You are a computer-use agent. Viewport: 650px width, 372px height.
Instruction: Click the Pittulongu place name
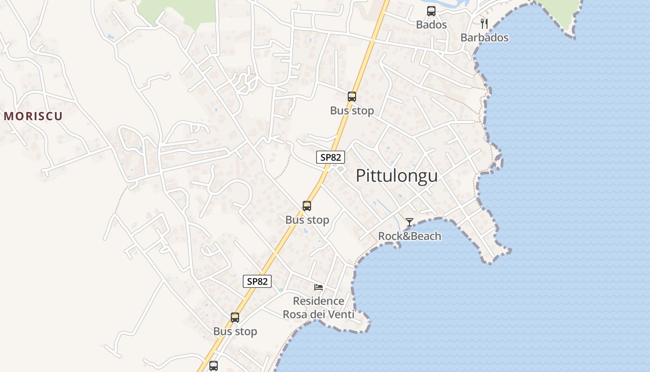click(396, 176)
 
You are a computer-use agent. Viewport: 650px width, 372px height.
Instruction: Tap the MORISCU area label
click(33, 116)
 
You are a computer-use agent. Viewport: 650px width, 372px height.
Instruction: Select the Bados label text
click(431, 25)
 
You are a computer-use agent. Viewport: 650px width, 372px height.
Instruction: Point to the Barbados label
click(484, 38)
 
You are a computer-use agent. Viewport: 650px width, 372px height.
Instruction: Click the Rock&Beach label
click(409, 236)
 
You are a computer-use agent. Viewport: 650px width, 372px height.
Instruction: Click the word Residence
click(318, 301)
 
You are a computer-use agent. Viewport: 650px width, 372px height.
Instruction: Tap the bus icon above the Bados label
click(431, 11)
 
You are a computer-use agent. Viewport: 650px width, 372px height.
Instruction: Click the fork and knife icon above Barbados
click(484, 24)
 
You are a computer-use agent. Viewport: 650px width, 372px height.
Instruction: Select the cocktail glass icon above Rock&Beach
click(409, 222)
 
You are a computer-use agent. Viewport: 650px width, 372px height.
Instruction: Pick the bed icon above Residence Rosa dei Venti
click(318, 287)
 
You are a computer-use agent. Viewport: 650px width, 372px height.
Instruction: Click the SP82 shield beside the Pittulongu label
click(331, 157)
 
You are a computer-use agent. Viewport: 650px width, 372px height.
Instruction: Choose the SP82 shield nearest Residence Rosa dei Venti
click(257, 281)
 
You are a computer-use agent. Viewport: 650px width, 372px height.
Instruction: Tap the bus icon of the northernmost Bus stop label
click(352, 97)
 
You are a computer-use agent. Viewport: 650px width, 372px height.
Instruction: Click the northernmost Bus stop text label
click(352, 111)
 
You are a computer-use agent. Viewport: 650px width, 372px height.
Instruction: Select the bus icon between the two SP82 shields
click(307, 206)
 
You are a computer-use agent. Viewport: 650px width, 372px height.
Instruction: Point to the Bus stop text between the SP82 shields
click(307, 220)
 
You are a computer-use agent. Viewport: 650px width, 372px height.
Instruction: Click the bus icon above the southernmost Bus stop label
click(235, 318)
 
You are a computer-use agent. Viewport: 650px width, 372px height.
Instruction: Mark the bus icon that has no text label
click(214, 366)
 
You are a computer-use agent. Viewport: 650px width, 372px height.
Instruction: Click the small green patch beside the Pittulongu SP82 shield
click(340, 169)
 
